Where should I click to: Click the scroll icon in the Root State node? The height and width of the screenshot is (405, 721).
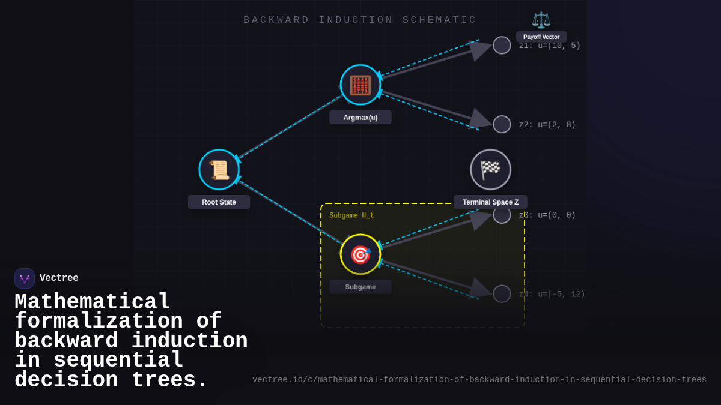(219, 170)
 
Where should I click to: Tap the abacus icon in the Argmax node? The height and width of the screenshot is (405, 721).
(360, 85)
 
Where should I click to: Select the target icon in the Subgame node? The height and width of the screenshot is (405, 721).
(360, 254)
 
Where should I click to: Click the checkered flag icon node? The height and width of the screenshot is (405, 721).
(490, 170)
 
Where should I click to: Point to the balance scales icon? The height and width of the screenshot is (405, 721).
(541, 20)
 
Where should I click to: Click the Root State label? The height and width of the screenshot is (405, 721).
(219, 202)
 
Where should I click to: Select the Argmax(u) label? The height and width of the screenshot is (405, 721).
(360, 118)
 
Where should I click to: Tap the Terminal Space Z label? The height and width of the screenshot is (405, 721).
(490, 202)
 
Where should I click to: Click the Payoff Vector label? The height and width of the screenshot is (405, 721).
(541, 37)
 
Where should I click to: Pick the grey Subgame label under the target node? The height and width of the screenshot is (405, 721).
(360, 287)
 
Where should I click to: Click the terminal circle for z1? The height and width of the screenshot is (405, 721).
(502, 45)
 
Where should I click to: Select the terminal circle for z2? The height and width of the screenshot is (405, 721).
(502, 124)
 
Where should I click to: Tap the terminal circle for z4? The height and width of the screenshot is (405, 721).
(502, 293)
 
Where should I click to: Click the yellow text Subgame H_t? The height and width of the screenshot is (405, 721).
(351, 215)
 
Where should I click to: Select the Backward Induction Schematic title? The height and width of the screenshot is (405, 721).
(360, 20)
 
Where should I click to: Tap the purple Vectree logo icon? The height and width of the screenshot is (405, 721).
(25, 278)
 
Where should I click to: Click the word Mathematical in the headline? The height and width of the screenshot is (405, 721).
(93, 302)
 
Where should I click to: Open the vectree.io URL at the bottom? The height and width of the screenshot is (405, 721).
(479, 380)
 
